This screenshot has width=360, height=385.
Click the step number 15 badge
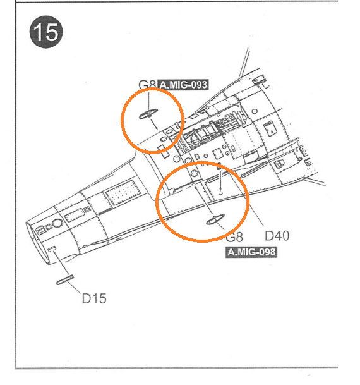pyautogui.click(x=46, y=32)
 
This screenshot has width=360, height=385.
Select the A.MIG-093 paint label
pyautogui.click(x=183, y=85)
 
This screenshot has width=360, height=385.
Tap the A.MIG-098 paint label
pyautogui.click(x=251, y=252)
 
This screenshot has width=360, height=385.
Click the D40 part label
pyautogui.click(x=277, y=236)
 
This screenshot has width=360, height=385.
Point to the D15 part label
pyautogui.click(x=94, y=298)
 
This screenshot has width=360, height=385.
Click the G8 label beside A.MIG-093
pyautogui.click(x=148, y=85)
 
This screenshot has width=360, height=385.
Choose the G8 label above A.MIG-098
pyautogui.click(x=234, y=237)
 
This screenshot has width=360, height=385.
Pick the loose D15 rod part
pyautogui.click(x=65, y=280)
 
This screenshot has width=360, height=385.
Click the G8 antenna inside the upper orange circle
pyautogui.click(x=148, y=114)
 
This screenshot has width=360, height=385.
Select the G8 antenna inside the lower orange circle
pyautogui.click(x=215, y=219)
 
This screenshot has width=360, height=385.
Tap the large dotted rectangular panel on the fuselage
pyautogui.click(x=121, y=193)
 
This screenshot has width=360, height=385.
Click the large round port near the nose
pyautogui.click(x=57, y=223)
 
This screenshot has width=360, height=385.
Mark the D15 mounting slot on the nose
pyautogui.click(x=52, y=249)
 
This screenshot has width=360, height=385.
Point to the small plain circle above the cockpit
pyautogui.click(x=255, y=111)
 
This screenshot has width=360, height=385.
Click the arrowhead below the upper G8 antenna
pyautogui.click(x=156, y=128)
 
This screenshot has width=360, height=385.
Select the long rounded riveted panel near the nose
pyautogui.click(x=75, y=214)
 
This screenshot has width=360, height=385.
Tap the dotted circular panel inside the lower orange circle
pyautogui.click(x=195, y=174)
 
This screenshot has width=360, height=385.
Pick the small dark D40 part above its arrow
pyautogui.click(x=219, y=167)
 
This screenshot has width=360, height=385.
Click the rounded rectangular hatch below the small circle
pyautogui.click(x=270, y=129)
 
